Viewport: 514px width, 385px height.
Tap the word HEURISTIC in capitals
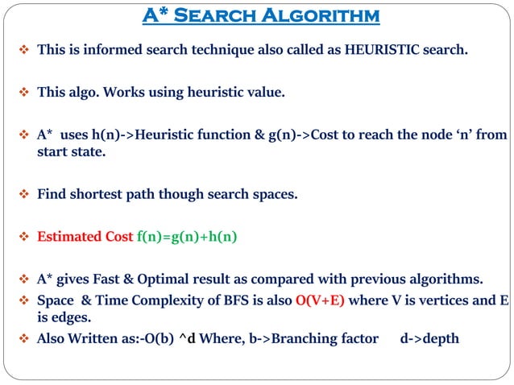379,49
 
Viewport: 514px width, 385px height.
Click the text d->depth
429,338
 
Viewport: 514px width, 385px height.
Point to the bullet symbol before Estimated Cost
23,237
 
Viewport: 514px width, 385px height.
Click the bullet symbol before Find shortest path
23,194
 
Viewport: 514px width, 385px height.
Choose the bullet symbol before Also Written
23,338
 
